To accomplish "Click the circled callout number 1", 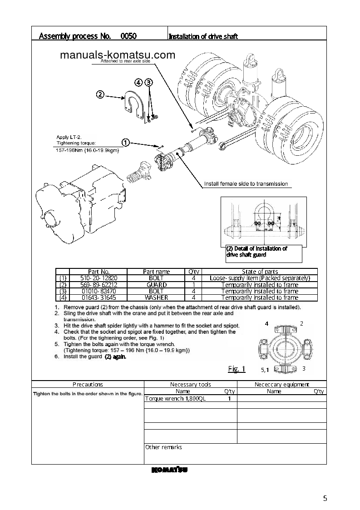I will coord(126,143).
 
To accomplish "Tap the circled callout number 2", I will coord(100,95).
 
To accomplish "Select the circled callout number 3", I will coord(149,82).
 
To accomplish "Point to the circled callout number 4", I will coord(139,82).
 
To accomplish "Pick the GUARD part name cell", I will coord(156,285).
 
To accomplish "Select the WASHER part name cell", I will coord(156,297).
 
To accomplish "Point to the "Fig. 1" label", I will coord(236,369).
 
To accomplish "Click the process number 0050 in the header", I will coord(129,36).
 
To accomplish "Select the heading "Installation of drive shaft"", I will coord(203,36).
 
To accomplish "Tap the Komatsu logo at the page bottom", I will coord(169,470).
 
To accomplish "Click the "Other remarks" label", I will coord(163,447).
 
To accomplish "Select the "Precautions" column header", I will coord(88,384).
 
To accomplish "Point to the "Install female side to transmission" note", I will coord(246,184).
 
